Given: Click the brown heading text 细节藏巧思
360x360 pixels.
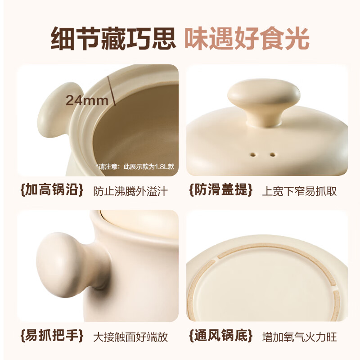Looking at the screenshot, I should pyautogui.click(x=112, y=39).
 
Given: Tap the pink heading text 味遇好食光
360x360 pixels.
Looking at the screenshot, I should pyautogui.click(x=247, y=39).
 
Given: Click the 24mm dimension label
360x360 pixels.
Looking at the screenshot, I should pyautogui.click(x=87, y=100).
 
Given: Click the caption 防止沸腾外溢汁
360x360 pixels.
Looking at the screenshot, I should pyautogui.click(x=130, y=191).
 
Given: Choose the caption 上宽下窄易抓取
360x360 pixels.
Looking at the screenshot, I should pyautogui.click(x=299, y=191).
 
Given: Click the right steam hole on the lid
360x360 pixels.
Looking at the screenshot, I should pyautogui.click(x=273, y=155).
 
